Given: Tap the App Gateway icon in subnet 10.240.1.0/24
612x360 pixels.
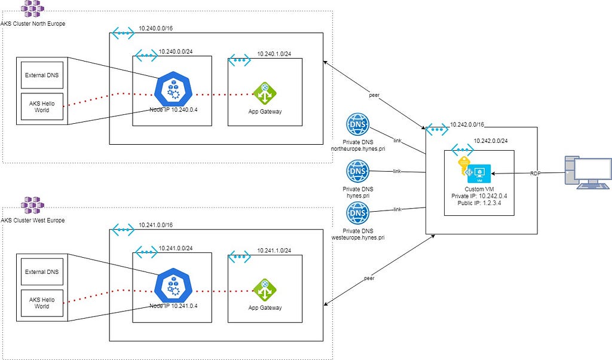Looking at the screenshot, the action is pos(265,94).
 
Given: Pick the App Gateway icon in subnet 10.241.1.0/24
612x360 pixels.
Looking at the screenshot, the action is pos(265,290).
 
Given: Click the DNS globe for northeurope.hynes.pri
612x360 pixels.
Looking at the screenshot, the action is pos(357,124).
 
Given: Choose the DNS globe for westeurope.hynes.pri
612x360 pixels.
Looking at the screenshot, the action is pos(357,213).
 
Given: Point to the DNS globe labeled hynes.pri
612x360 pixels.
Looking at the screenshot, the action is pos(357,171).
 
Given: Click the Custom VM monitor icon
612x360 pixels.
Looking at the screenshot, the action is pos(479,174).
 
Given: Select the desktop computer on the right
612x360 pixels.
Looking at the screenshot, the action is pos(588,172).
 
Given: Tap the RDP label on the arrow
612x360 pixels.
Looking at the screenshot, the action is pos(535,173).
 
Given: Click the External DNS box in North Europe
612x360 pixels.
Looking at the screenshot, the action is pos(42,75).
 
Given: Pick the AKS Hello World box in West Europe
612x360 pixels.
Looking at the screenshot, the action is pos(42,303).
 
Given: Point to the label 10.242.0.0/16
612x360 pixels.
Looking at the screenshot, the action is pos(467,124).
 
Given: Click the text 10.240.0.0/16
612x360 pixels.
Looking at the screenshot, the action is pos(156,29).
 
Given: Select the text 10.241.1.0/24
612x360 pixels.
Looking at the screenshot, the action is pos(274,251).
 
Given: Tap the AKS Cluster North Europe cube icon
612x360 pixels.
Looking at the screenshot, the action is pos(32,9).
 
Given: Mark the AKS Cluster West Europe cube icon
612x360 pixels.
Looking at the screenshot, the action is pos(32,205).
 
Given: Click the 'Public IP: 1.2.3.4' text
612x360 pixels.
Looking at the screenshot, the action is pos(479,203).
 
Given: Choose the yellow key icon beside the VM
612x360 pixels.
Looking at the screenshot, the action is pos(464,166).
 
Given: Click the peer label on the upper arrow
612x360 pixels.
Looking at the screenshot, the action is pos(374,95).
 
